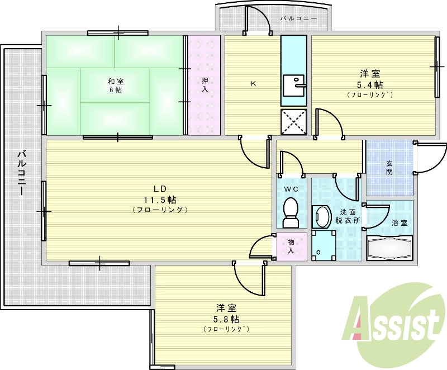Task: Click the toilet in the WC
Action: pyautogui.click(x=291, y=212)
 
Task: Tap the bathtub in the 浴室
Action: pyautogui.click(x=389, y=248)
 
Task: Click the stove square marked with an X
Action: pyautogui.click(x=293, y=122)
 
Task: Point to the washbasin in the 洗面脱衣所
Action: pyautogui.click(x=321, y=216)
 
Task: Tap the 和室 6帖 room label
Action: pyautogui.click(x=116, y=86)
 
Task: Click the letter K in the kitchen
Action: pyautogui.click(x=253, y=84)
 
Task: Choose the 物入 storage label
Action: pyautogui.click(x=291, y=246)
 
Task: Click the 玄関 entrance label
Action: pyautogui.click(x=389, y=168)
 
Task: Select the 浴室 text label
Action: pyautogui.click(x=399, y=223)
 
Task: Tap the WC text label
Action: pyautogui.click(x=291, y=189)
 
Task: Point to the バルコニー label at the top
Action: pyautogui.click(x=298, y=18)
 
